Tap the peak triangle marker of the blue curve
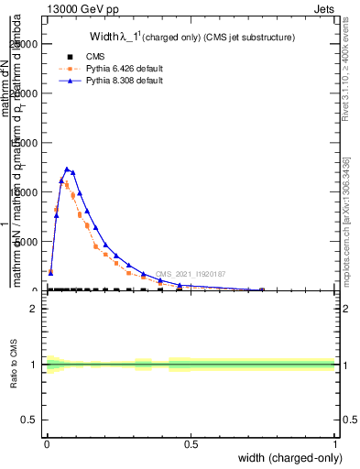[x=67, y=169]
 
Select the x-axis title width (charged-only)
[x=285, y=457]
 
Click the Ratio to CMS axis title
[x=15, y=365]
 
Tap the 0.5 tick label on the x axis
[x=191, y=444]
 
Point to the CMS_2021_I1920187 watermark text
[x=190, y=274]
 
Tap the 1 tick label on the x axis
[x=335, y=444]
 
